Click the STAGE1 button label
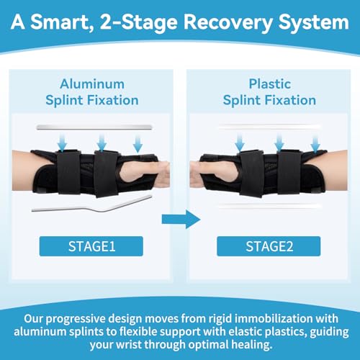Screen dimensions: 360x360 [x=91, y=246]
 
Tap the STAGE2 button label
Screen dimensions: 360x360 [x=269, y=246]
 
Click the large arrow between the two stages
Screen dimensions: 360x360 [x=181, y=220]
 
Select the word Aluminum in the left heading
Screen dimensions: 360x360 [x=92, y=84]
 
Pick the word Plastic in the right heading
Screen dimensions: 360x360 [x=270, y=84]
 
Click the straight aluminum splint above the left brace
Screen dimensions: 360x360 [x=94, y=127]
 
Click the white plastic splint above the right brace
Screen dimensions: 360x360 [x=269, y=127]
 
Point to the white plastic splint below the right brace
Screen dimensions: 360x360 [x=269, y=206]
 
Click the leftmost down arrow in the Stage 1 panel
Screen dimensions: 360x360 [x=62, y=143]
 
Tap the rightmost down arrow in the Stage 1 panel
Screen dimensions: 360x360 [x=138, y=143]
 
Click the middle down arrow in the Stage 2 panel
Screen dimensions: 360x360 [x=279, y=143]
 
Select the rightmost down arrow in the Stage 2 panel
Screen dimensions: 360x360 [x=315, y=143]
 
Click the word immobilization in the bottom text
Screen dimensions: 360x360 [x=274, y=319]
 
